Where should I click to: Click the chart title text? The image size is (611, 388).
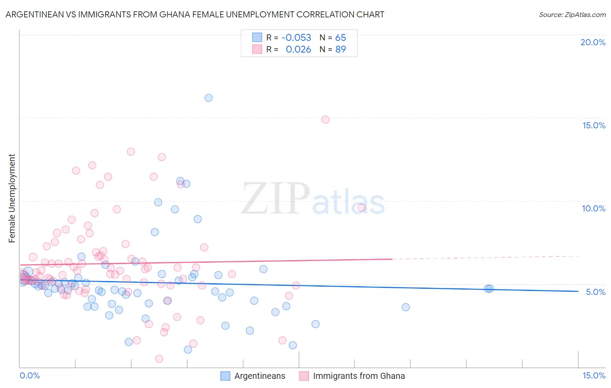point(195,14)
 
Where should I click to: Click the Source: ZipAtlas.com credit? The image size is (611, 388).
point(572,14)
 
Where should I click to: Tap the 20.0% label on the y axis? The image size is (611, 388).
point(592,42)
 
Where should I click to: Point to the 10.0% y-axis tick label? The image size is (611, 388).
point(593,208)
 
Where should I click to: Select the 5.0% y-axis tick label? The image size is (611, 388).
point(595,292)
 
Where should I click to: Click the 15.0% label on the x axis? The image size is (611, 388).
point(594,375)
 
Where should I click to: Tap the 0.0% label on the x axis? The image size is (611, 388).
point(30,375)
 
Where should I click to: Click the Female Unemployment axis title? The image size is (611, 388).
point(12,198)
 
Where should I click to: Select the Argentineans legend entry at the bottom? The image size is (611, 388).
point(253,376)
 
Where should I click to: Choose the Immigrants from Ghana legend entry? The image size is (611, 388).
point(352,376)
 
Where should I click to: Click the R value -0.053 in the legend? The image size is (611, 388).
point(296,37)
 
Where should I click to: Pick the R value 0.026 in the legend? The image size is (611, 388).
point(298,50)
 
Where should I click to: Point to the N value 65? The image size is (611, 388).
point(340,37)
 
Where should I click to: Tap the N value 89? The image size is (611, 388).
point(340,50)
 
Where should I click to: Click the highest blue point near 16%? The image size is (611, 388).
point(209,98)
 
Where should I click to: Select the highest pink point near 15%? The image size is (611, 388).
point(325,120)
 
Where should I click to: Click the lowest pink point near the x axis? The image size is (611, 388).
point(159,359)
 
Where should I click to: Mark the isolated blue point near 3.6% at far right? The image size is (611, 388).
point(405,307)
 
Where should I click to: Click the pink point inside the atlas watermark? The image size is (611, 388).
point(362,207)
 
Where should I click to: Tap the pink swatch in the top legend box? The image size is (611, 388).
point(257,50)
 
